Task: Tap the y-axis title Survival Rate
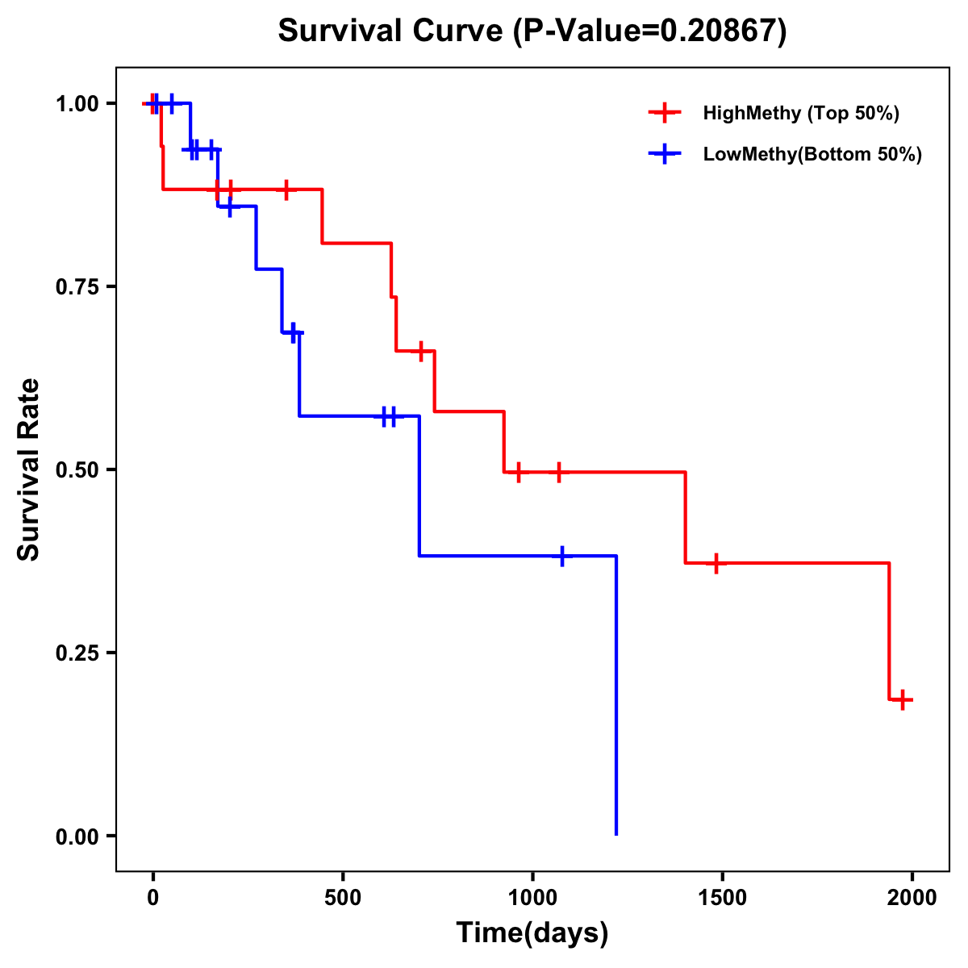(x=29, y=469)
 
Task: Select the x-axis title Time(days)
(x=532, y=933)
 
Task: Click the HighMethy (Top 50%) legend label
(x=800, y=113)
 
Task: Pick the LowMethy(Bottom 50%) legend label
(x=812, y=154)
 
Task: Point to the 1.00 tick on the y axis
(x=77, y=104)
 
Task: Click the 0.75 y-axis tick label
(x=77, y=287)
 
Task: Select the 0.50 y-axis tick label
(x=77, y=470)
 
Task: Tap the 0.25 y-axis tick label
(x=77, y=653)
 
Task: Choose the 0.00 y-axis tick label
(x=77, y=837)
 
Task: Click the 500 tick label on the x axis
(x=343, y=898)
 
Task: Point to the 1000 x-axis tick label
(x=532, y=898)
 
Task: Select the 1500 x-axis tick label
(x=722, y=898)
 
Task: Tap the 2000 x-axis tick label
(x=912, y=898)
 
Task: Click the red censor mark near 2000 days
(x=903, y=699)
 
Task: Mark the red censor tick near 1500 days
(x=716, y=563)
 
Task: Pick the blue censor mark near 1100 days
(x=562, y=556)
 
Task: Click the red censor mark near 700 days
(x=420, y=351)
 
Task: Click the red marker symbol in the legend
(x=664, y=113)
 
